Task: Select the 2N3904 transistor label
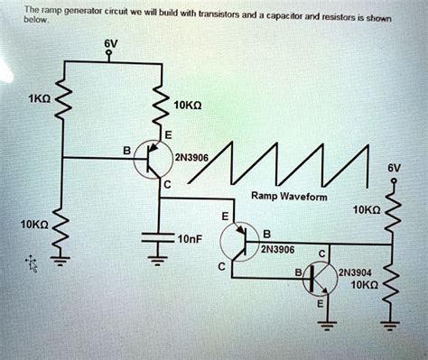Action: pos(352,271)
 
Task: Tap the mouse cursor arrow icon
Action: pos(33,263)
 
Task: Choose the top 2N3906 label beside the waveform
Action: pos(192,157)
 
